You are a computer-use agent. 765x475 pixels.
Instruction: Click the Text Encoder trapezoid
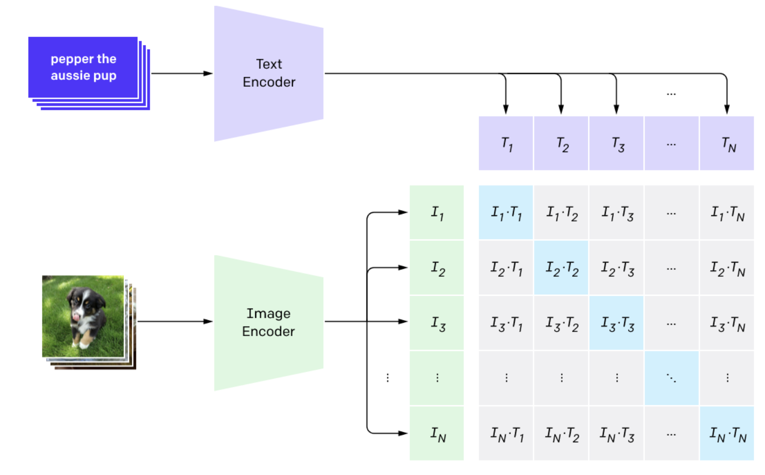269,73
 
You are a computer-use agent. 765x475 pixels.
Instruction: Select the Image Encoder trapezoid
269,322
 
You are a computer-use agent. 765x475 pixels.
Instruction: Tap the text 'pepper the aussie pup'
83,67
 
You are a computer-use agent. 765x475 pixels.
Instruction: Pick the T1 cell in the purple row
506,143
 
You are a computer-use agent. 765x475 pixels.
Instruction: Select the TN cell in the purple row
727,143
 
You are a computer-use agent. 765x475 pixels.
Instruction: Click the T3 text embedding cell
616,143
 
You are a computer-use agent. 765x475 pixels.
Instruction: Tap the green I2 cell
437,268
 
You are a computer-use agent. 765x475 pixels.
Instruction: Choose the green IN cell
437,433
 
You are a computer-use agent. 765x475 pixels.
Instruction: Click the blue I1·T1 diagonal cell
506,212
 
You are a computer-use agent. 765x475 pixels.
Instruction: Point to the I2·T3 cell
616,268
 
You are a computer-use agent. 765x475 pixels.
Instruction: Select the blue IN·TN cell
727,433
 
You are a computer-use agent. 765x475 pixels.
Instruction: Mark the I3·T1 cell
506,323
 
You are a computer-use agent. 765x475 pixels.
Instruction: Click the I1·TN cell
727,212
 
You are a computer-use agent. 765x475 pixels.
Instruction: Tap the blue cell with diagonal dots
671,378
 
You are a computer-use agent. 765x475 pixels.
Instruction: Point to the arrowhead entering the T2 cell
561,110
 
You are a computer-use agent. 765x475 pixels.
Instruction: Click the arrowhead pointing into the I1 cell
403,212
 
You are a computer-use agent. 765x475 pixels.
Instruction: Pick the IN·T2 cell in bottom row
561,433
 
